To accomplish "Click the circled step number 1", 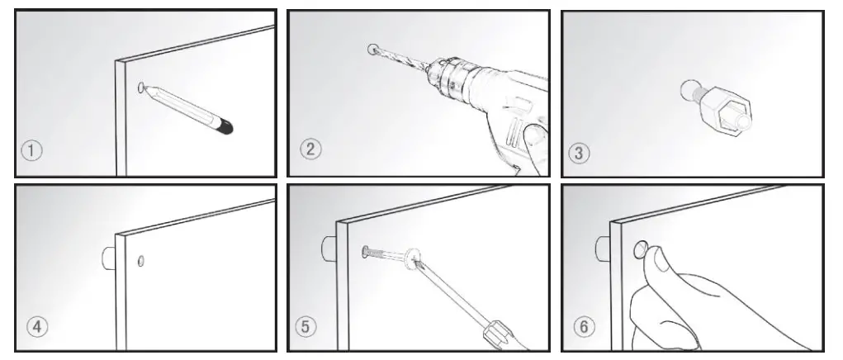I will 31,151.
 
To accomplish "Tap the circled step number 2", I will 310,149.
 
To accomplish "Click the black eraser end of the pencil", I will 225,126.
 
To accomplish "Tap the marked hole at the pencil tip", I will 143,85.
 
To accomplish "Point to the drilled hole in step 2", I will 372,49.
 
